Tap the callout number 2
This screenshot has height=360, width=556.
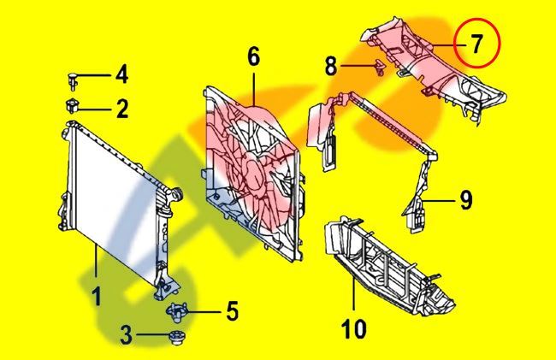pos(122,109)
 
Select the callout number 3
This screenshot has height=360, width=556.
pos(127,335)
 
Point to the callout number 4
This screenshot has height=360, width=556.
pos(121,74)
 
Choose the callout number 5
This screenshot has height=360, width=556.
pos(233,310)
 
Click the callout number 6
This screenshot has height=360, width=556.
pos(253,56)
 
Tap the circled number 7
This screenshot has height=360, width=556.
pos(476,44)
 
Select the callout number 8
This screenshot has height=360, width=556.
pos(331,65)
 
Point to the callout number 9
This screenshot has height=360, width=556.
pos(466,200)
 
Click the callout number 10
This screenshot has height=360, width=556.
pos(355,329)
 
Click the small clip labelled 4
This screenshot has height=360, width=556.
pos(73,81)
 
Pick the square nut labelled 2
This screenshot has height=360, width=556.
pos(73,105)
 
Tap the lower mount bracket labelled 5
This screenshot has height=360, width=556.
pos(176,312)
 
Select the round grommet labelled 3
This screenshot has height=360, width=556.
pos(176,337)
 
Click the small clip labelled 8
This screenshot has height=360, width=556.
pos(380,68)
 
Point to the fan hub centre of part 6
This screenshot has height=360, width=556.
pos(253,176)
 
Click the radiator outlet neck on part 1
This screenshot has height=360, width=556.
pos(176,194)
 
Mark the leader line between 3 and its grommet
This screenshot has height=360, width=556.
pos(153,334)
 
